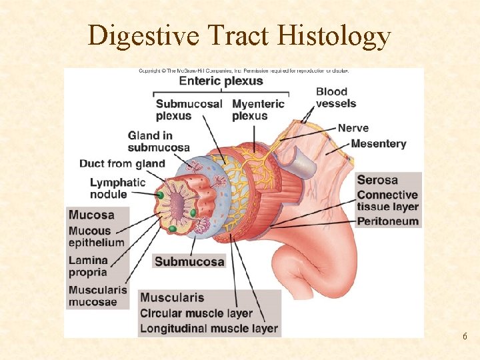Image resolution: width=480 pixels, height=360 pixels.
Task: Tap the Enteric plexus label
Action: [x=221, y=81]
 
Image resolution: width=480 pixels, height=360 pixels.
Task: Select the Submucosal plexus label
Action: [x=189, y=109]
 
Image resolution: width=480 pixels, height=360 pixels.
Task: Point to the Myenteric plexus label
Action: [x=258, y=109]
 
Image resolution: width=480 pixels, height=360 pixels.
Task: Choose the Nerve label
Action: [x=353, y=127]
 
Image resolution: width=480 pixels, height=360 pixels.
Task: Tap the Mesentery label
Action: [x=378, y=143]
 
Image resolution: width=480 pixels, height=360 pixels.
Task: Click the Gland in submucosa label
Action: [x=159, y=141]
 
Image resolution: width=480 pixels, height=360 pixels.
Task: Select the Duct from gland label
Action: [x=122, y=163]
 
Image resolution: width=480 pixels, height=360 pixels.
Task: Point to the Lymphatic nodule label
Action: [x=117, y=188]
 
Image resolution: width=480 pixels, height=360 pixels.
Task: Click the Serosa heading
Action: [x=377, y=180]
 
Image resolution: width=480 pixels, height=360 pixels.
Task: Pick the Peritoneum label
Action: [x=387, y=221]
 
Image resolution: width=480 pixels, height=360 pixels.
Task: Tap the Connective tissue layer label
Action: [x=387, y=201]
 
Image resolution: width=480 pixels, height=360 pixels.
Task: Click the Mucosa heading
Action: [x=91, y=215]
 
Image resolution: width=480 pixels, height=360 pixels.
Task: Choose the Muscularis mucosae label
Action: [x=97, y=295]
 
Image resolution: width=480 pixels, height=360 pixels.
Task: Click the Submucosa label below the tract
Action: [x=189, y=261]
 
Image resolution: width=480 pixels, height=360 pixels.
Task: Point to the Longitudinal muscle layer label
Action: [x=209, y=329]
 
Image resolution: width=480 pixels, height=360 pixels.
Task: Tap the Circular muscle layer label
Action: [x=196, y=313]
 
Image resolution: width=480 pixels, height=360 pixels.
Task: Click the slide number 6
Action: [x=465, y=337]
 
